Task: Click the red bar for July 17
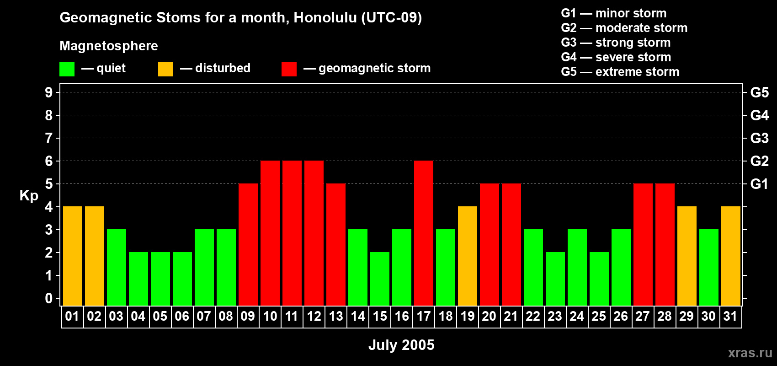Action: click(424, 233)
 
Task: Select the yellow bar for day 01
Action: click(73, 256)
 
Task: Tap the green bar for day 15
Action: click(380, 279)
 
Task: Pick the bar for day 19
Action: click(468, 256)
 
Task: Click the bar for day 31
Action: click(731, 256)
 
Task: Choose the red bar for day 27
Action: click(643, 244)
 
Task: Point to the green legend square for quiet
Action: click(67, 69)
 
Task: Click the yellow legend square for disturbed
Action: click(165, 69)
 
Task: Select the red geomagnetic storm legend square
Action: click(289, 69)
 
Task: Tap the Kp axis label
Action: click(29, 196)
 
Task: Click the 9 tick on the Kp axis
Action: click(49, 92)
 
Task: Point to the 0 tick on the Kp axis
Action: click(49, 298)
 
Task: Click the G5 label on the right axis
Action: click(759, 92)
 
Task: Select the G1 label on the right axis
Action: click(759, 184)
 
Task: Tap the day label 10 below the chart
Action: click(270, 316)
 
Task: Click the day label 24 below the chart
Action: click(577, 316)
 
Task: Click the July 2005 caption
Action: click(401, 345)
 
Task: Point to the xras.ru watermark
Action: click(750, 352)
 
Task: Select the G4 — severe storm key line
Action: click(616, 57)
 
